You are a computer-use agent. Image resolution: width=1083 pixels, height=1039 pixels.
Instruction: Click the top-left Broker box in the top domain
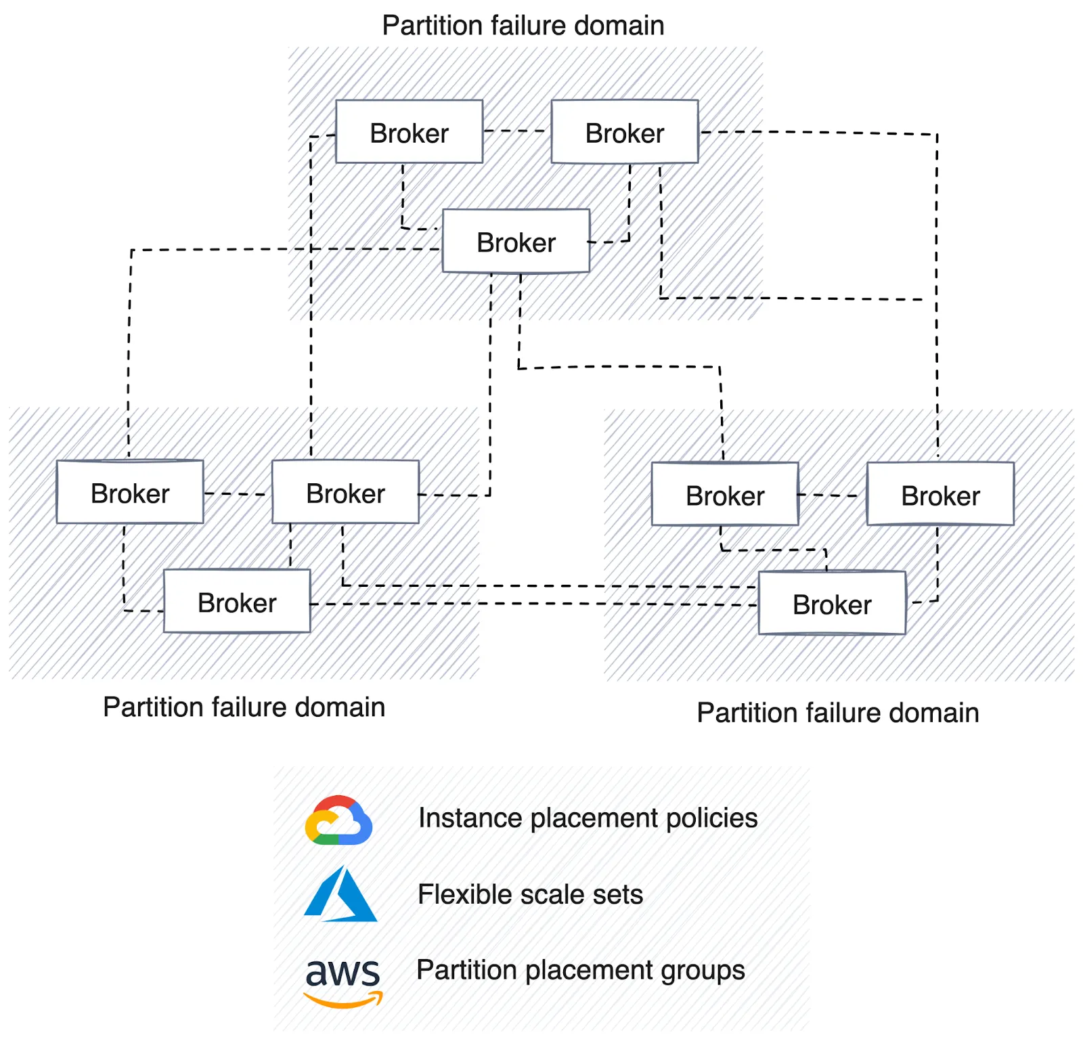pyautogui.click(x=409, y=132)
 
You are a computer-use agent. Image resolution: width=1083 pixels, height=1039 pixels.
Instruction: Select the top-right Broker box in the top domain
pyautogui.click(x=624, y=132)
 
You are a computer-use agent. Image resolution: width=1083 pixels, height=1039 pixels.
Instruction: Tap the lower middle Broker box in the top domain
pyautogui.click(x=516, y=242)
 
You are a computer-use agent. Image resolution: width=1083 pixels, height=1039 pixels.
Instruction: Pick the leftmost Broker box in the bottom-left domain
pyautogui.click(x=129, y=492)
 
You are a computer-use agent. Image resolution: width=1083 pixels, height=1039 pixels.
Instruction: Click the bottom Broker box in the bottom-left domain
pyautogui.click(x=237, y=601)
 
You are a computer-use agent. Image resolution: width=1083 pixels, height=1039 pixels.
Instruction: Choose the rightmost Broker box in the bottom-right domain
pyautogui.click(x=940, y=494)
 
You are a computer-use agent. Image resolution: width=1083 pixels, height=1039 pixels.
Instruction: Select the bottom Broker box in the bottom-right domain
pyautogui.click(x=832, y=603)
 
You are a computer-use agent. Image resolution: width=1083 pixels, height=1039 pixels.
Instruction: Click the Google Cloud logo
pyautogui.click(x=338, y=820)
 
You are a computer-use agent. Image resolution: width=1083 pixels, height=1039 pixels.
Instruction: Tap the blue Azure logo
pyautogui.click(x=340, y=895)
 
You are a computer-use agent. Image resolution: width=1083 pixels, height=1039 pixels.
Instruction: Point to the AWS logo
pyautogui.click(x=342, y=981)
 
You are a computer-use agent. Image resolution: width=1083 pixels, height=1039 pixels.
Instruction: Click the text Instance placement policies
pyautogui.click(x=588, y=818)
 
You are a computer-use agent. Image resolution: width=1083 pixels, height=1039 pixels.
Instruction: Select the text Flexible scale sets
pyautogui.click(x=530, y=894)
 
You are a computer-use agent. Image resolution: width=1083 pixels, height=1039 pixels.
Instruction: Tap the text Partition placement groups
pyautogui.click(x=580, y=970)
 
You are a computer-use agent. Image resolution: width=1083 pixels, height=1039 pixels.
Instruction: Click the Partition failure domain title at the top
pyautogui.click(x=523, y=26)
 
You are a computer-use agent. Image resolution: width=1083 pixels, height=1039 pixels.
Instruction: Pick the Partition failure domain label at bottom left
pyautogui.click(x=244, y=707)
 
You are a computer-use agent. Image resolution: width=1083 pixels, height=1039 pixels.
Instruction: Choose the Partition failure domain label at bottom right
pyautogui.click(x=838, y=713)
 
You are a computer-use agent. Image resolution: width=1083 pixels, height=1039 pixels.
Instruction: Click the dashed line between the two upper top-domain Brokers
pyautogui.click(x=516, y=131)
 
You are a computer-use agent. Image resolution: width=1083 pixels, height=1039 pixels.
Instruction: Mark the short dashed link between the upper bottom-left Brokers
pyautogui.click(x=237, y=493)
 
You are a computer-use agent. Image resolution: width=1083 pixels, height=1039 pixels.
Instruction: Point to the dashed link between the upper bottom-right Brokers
pyautogui.click(x=833, y=495)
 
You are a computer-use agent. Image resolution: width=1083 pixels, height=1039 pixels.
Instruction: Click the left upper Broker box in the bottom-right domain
pyautogui.click(x=725, y=494)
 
